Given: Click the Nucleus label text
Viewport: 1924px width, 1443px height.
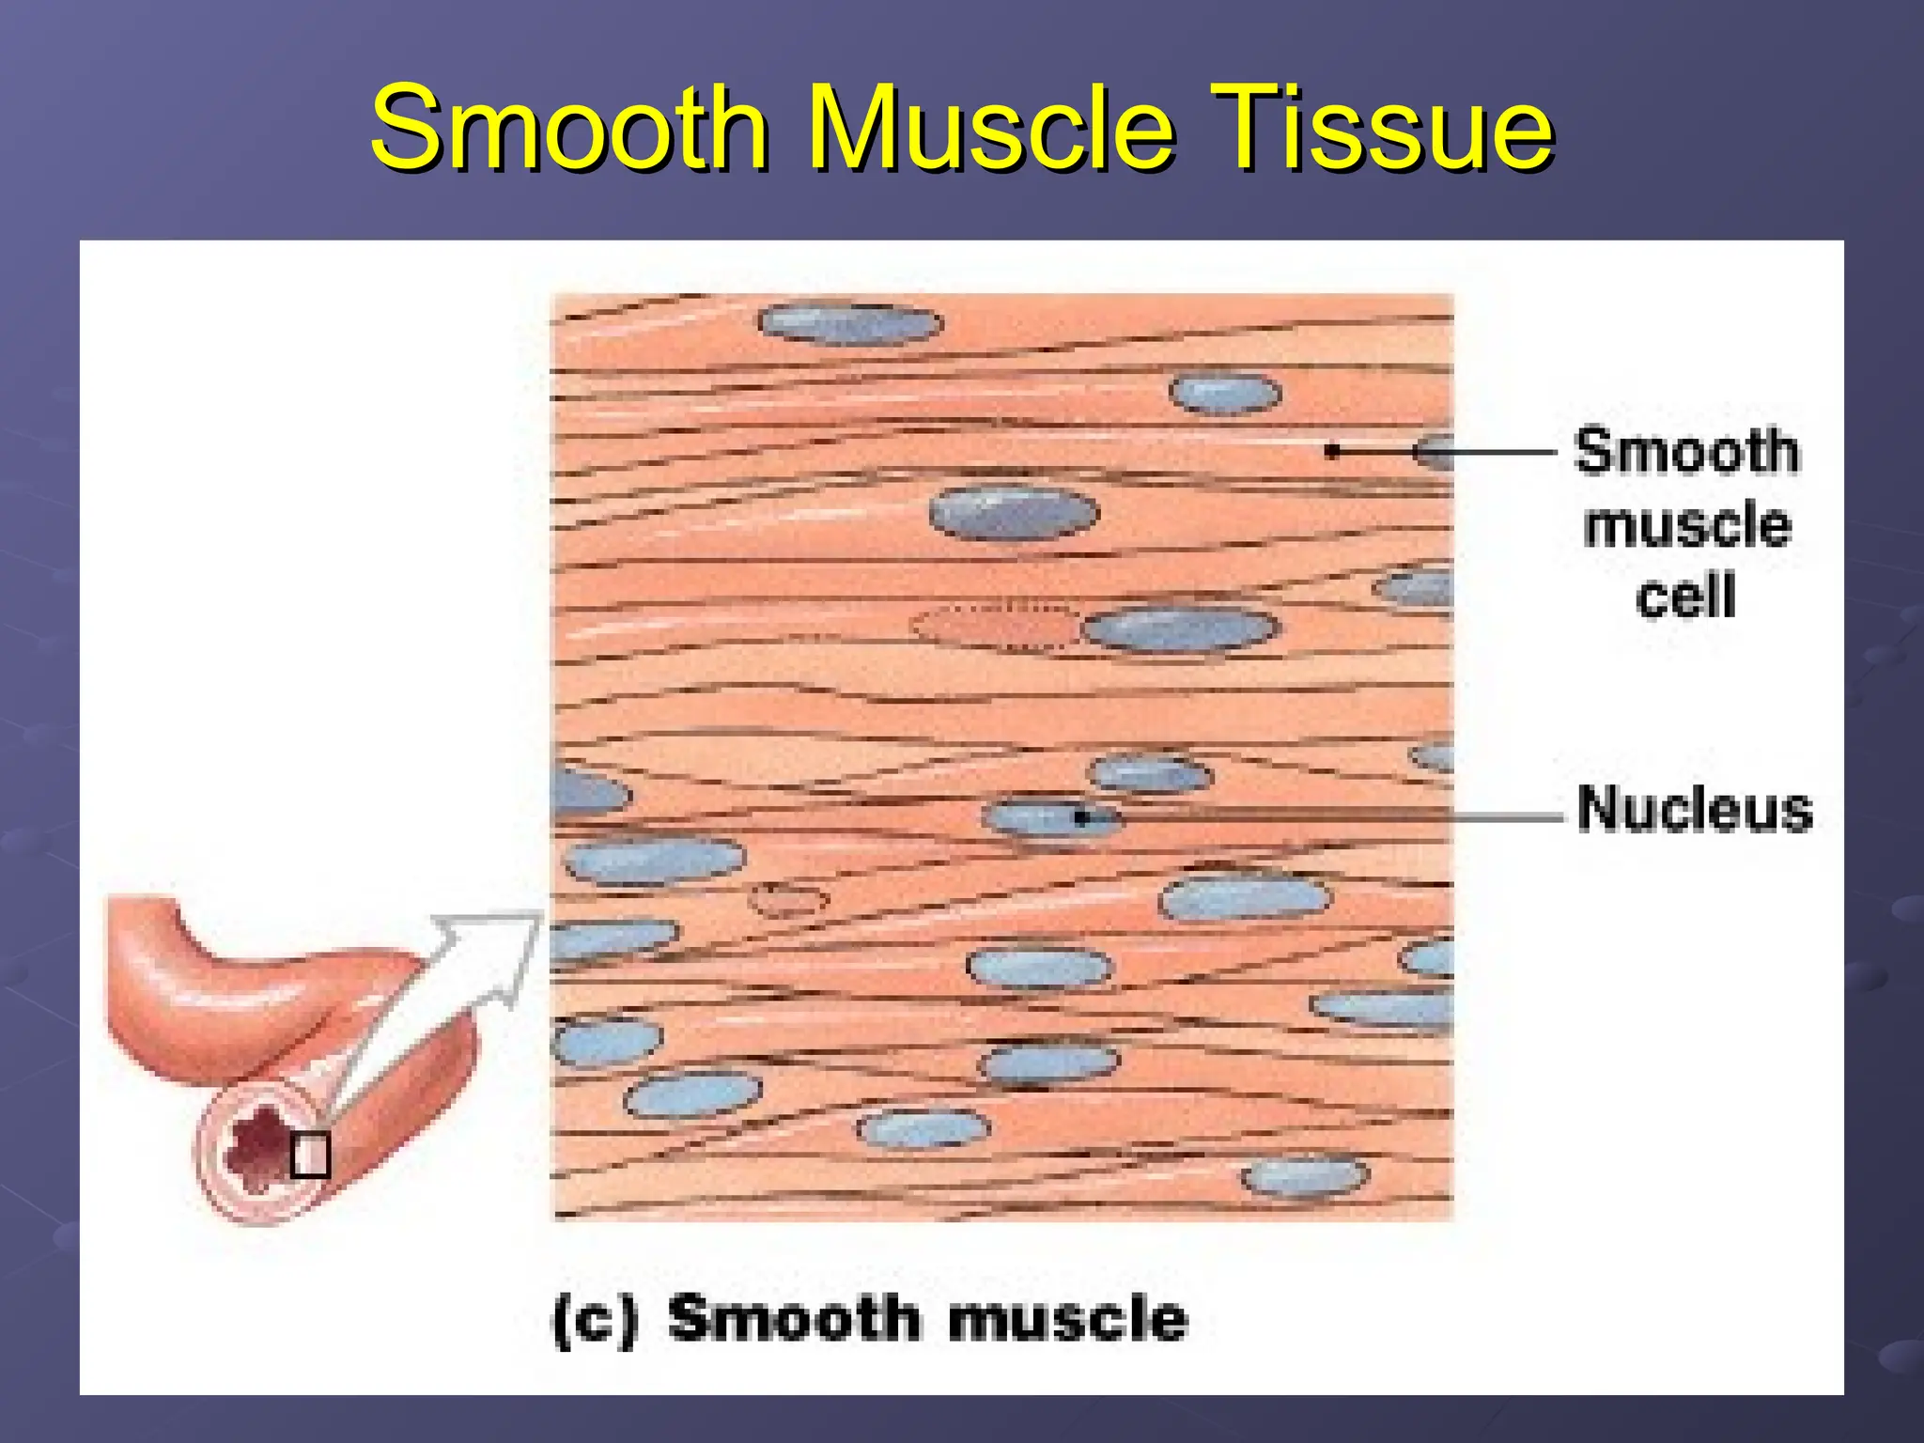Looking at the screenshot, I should tap(1694, 809).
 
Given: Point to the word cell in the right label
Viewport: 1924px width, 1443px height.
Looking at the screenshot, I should tap(1685, 596).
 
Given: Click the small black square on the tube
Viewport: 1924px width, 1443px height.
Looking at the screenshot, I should tap(309, 1156).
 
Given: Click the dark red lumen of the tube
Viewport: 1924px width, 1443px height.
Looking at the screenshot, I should tap(254, 1146).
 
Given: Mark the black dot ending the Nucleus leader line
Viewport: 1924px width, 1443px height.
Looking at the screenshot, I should tap(1081, 818).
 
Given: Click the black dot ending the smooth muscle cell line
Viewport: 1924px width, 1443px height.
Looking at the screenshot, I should tap(1331, 452).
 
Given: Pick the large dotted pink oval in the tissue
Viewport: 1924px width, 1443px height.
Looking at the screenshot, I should tap(996, 625).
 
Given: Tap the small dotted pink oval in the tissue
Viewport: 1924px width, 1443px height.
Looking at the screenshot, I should tap(788, 900).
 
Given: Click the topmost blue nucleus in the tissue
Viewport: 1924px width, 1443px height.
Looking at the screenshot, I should tap(849, 324).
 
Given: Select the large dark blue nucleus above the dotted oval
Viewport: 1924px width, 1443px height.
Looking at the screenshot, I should tap(1014, 513).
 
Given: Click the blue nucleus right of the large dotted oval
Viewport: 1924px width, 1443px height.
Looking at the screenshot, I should tap(1180, 628).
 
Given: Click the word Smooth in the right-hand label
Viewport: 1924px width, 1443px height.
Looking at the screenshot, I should tap(1686, 451).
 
